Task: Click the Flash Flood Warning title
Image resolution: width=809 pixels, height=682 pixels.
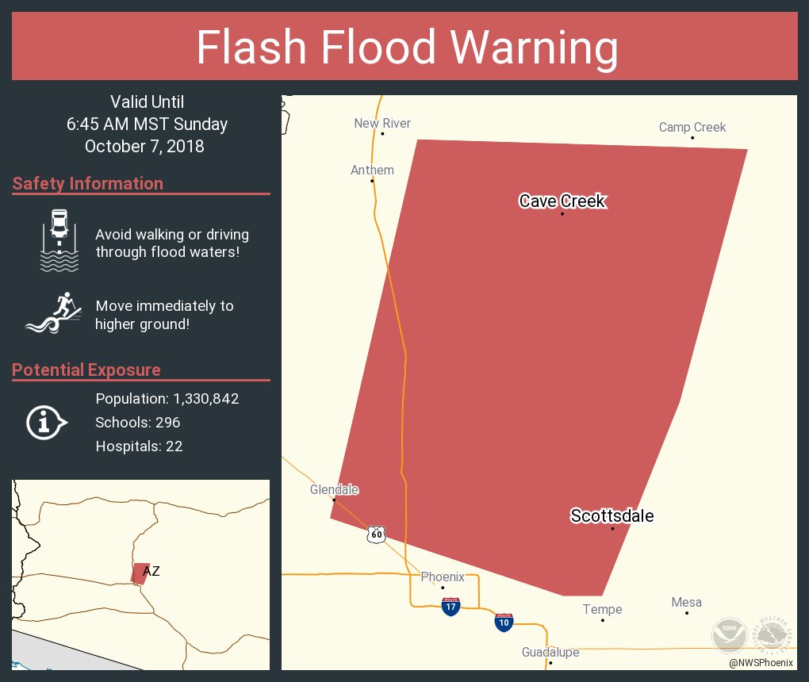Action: (x=407, y=48)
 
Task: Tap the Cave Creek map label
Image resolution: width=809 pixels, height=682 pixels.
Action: (x=562, y=201)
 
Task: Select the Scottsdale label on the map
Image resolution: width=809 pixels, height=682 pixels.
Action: (x=612, y=516)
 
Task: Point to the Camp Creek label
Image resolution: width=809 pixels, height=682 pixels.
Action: (x=692, y=127)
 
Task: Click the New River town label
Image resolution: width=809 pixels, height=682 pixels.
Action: (x=382, y=123)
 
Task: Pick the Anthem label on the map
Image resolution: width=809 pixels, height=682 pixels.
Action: (x=372, y=170)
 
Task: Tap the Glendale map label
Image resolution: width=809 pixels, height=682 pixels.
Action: (x=334, y=490)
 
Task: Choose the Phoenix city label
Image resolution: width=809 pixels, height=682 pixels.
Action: (x=443, y=577)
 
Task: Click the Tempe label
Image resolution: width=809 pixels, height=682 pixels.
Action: (x=602, y=610)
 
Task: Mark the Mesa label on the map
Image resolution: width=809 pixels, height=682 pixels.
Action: (x=686, y=603)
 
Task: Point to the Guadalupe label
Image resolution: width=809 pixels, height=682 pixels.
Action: (x=550, y=653)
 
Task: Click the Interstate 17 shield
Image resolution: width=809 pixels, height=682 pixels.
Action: (x=451, y=607)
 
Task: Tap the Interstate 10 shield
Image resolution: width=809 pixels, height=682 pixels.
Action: (x=504, y=622)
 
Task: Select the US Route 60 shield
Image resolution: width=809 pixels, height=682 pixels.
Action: (x=376, y=534)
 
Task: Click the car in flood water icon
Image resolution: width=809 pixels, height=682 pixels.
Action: (x=59, y=241)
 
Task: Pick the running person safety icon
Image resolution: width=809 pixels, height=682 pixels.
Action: (x=54, y=313)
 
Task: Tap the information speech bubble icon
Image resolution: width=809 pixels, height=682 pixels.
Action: (x=47, y=423)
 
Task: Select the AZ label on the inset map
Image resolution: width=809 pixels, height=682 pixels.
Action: (x=151, y=571)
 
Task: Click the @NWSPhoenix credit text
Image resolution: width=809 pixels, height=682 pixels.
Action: (x=761, y=663)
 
